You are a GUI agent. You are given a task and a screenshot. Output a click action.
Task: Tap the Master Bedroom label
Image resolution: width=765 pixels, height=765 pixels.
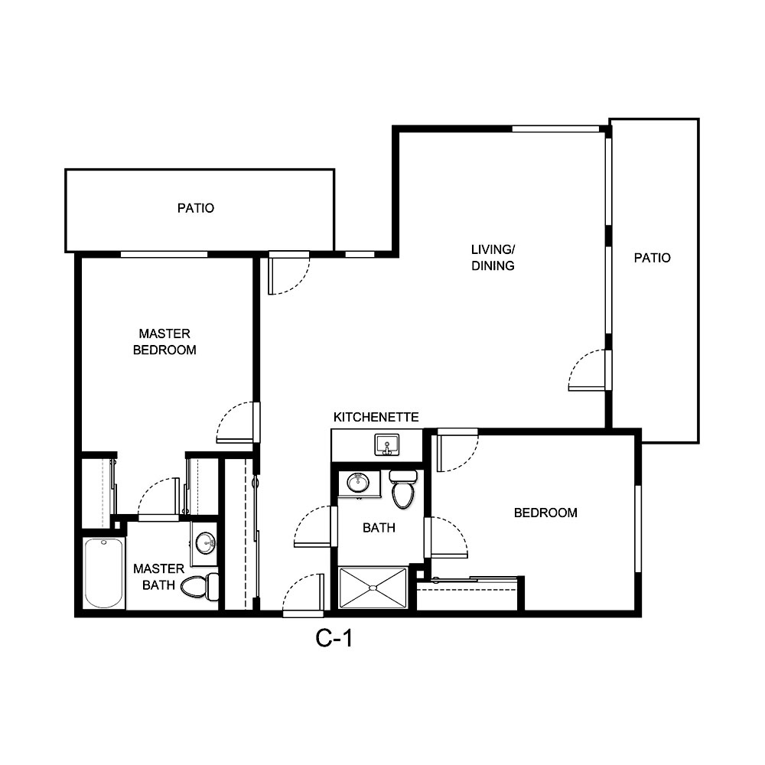pyautogui.click(x=164, y=342)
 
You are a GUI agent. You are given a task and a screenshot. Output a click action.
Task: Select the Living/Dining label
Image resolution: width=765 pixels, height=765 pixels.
pyautogui.click(x=493, y=258)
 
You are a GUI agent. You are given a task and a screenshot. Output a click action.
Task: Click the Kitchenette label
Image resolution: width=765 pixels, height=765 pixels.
pyautogui.click(x=376, y=417)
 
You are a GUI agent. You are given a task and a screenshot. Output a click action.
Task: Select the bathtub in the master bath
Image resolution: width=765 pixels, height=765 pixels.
pyautogui.click(x=103, y=574)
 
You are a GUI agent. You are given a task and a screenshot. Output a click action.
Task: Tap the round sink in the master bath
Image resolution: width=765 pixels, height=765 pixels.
pyautogui.click(x=205, y=543)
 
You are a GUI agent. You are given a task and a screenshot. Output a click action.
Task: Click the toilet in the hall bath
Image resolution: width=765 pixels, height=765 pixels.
pyautogui.click(x=403, y=490)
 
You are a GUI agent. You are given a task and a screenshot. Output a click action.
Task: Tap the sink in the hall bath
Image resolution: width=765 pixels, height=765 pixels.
pyautogui.click(x=357, y=483)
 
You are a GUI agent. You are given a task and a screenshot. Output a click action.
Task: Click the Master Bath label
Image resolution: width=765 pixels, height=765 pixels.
pyautogui.click(x=158, y=577)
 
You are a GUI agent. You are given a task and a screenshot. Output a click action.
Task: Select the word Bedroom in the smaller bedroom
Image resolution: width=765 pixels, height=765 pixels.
pyautogui.click(x=545, y=513)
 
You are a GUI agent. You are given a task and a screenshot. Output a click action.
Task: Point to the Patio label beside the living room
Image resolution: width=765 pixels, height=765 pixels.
pyautogui.click(x=652, y=258)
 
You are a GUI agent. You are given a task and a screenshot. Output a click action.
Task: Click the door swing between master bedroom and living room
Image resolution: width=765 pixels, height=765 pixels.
pyautogui.click(x=236, y=422)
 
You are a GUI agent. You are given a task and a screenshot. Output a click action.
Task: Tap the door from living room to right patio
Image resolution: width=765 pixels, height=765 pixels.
pyautogui.click(x=588, y=370)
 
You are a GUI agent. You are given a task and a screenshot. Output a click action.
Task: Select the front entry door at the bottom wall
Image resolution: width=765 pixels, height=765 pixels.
pyautogui.click(x=302, y=597)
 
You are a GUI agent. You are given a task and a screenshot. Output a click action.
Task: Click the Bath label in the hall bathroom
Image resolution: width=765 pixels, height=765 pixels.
pyautogui.click(x=378, y=527)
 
